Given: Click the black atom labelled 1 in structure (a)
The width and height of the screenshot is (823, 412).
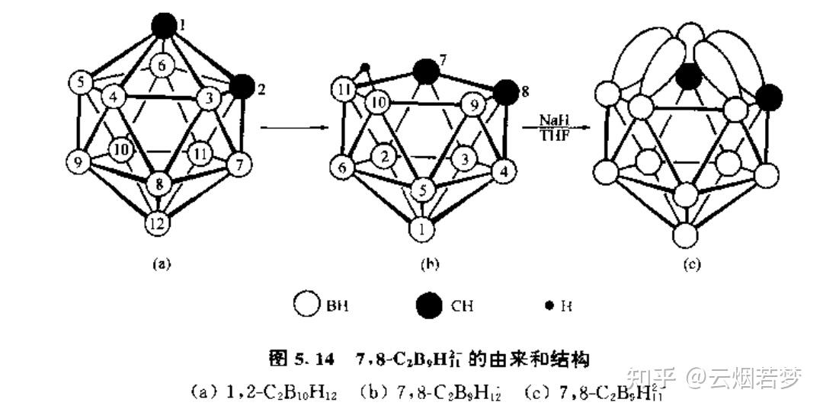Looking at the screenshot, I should pyautogui.click(x=163, y=25).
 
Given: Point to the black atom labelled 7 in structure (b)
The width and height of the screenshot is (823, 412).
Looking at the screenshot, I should pyautogui.click(x=424, y=72).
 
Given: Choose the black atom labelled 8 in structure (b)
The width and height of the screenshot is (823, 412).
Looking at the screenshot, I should pyautogui.click(x=504, y=94).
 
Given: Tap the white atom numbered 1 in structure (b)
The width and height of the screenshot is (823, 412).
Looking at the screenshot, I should pyautogui.click(x=421, y=228).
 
